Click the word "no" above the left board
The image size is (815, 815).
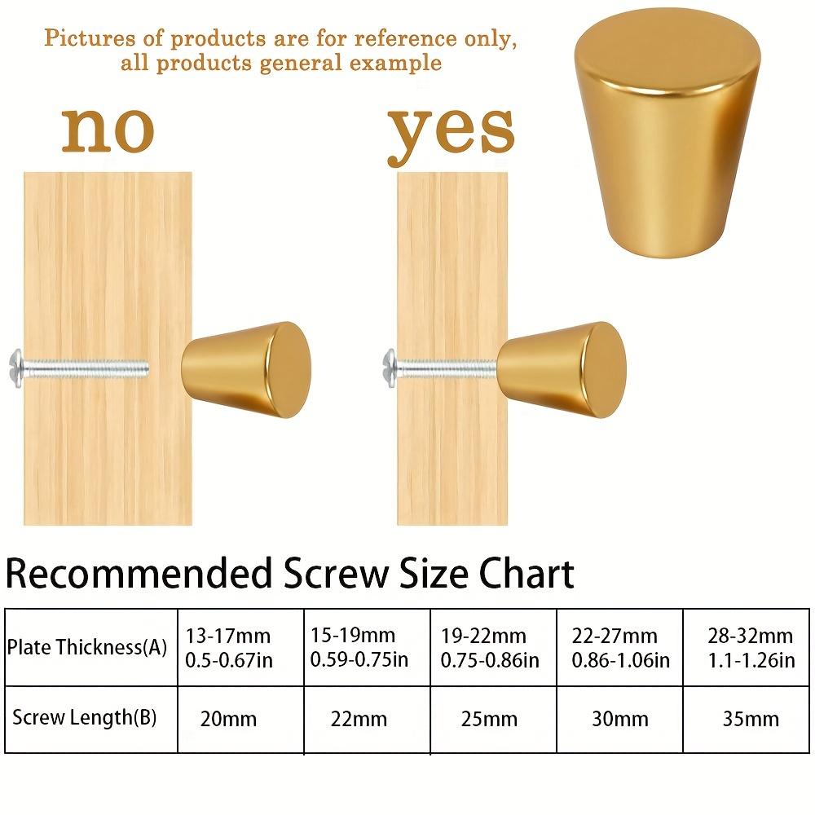tap(108, 130)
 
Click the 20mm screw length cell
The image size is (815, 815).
tap(228, 719)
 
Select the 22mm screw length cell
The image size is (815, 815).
tap(359, 719)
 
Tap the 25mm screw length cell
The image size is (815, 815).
tap(489, 719)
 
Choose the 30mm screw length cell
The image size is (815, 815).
tap(621, 719)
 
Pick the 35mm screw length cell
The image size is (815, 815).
tap(751, 719)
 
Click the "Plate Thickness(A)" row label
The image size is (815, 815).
tap(87, 648)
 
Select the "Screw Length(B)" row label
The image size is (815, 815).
tap(85, 717)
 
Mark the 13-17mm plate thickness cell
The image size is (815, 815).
tap(229, 647)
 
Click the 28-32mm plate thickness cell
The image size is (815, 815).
tap(751, 647)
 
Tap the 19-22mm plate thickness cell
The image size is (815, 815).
tap(490, 647)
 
